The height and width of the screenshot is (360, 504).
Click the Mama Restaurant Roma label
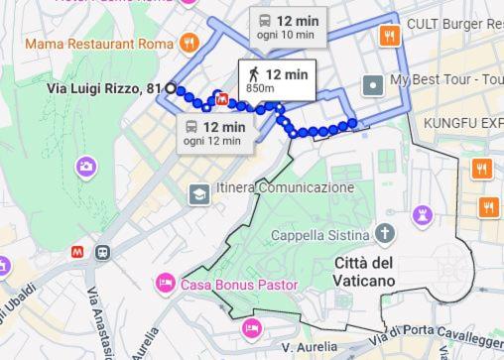click(99, 44)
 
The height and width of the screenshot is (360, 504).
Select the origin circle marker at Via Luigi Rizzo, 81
click(171, 88)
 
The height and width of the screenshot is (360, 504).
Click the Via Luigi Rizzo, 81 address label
click(104, 89)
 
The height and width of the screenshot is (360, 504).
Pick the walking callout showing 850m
click(276, 80)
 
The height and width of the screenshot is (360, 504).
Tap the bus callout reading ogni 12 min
click(214, 133)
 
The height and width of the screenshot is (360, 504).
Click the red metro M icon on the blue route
click(221, 99)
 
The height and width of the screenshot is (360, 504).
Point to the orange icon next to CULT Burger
click(390, 36)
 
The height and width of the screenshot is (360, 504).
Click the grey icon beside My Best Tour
click(373, 85)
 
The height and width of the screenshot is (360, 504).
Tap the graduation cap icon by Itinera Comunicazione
click(198, 193)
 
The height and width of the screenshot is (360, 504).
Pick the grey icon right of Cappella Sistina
click(385, 234)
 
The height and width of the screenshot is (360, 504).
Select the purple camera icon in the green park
click(86, 166)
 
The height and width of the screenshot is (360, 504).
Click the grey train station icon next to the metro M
click(102, 253)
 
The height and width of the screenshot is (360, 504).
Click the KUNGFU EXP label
click(463, 122)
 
